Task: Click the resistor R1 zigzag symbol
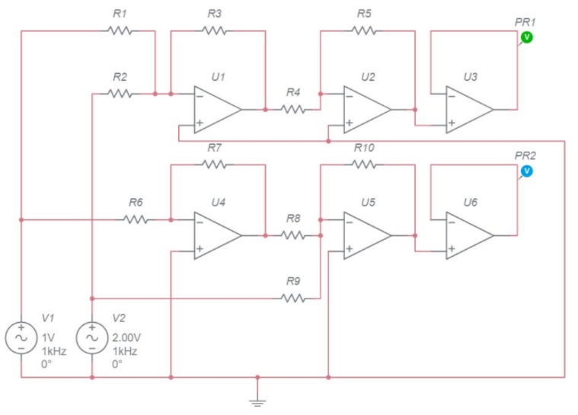coord(120,31)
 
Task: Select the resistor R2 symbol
coord(120,94)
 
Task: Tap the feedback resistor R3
coord(215,31)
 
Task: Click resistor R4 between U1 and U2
coord(293,109)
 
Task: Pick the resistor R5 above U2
coord(364,31)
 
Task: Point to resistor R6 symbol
coord(136,219)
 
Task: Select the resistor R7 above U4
coord(215,163)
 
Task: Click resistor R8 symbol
coord(293,235)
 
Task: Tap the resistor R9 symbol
coord(293,298)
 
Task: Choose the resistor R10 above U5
coord(364,163)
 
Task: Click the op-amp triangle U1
coord(216,109)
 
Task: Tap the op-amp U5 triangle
coord(366,235)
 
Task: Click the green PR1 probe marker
coord(526,37)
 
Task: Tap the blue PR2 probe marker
coord(526,171)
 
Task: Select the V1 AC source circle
coord(21,337)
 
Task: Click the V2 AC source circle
coord(92,337)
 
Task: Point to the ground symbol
coord(258,399)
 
